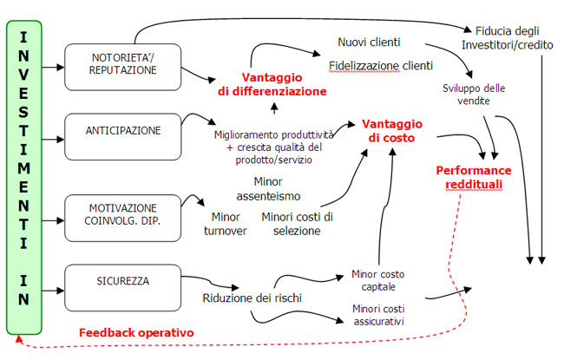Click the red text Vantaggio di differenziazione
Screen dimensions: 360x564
[272, 83]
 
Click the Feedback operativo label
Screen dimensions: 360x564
[136, 332]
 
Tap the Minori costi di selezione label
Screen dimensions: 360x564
[297, 223]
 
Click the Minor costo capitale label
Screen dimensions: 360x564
[377, 281]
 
